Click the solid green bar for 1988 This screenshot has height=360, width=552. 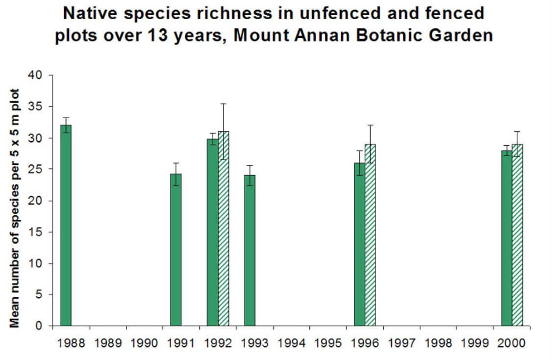click(66, 226)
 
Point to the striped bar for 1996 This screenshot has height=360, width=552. click(371, 235)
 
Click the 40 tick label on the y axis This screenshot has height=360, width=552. click(37, 76)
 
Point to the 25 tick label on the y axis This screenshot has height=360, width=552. click(37, 170)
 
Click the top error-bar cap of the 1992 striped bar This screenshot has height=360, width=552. click(224, 104)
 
